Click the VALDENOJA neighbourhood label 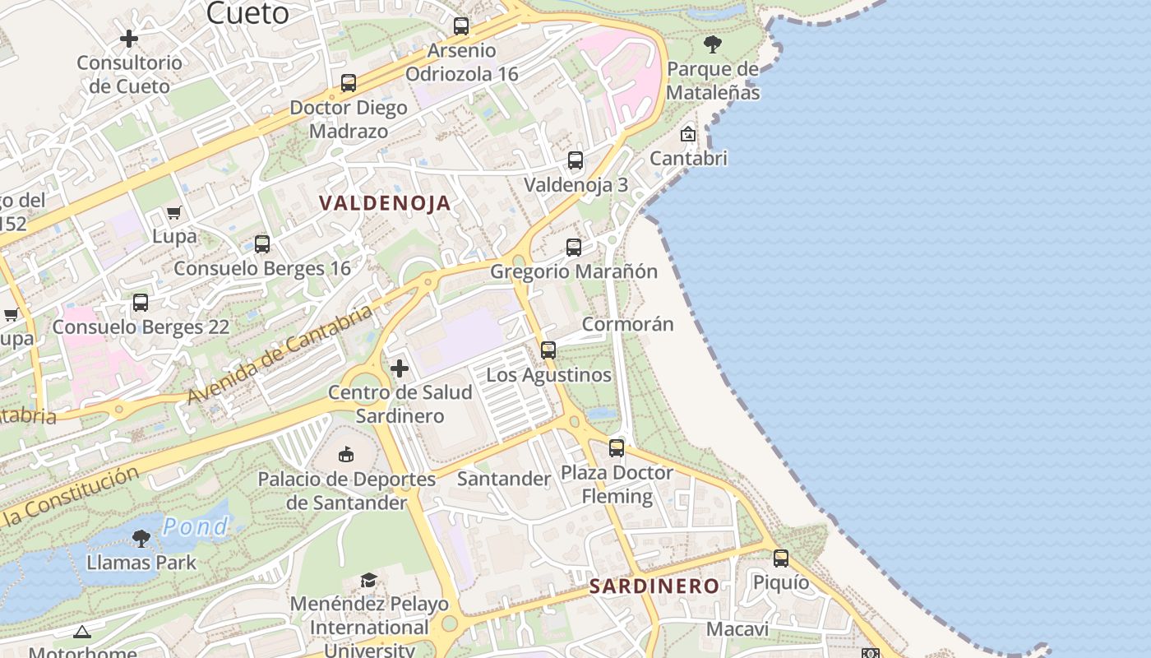click(x=385, y=203)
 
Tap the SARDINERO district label click(x=654, y=586)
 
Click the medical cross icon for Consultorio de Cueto click(x=129, y=39)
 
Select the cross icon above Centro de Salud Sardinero click(x=400, y=368)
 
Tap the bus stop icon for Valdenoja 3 click(x=575, y=160)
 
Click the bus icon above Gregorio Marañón click(x=574, y=247)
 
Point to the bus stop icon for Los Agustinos click(x=548, y=350)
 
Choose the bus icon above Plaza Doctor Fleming click(x=617, y=448)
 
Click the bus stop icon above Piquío click(x=781, y=558)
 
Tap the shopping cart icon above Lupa click(x=174, y=213)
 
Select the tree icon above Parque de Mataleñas click(x=713, y=44)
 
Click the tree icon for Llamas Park click(x=141, y=539)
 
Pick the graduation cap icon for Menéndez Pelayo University click(x=369, y=581)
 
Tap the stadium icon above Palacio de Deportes click(x=347, y=454)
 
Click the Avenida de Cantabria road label click(x=280, y=355)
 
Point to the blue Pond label click(x=195, y=526)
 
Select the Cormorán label click(x=628, y=324)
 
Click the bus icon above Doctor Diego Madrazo click(x=349, y=83)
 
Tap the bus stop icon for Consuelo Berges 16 click(x=262, y=244)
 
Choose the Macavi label click(x=737, y=630)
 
